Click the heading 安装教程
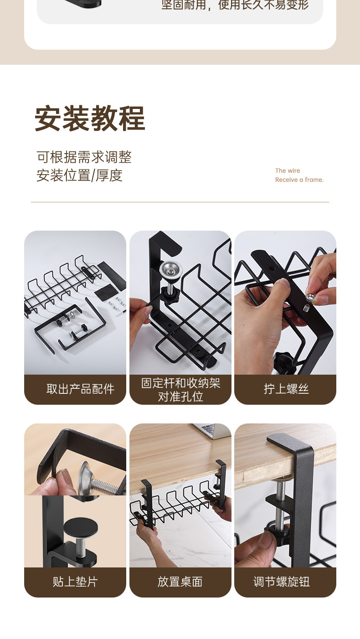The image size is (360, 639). coord(90,119)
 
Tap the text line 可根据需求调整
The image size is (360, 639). coord(84,157)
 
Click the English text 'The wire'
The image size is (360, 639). coord(288,171)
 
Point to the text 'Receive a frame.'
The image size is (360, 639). coord(299,180)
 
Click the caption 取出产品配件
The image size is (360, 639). coord(80,389)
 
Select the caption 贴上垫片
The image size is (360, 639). coord(75,582)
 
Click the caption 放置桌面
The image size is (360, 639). coord(180,582)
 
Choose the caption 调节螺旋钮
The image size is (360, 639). coord(282,582)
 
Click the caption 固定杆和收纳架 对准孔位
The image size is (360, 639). coord(180,390)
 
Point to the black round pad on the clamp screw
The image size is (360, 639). coord(80,528)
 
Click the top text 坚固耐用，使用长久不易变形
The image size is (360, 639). coord(235,5)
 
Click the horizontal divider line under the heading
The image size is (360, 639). coord(180,202)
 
